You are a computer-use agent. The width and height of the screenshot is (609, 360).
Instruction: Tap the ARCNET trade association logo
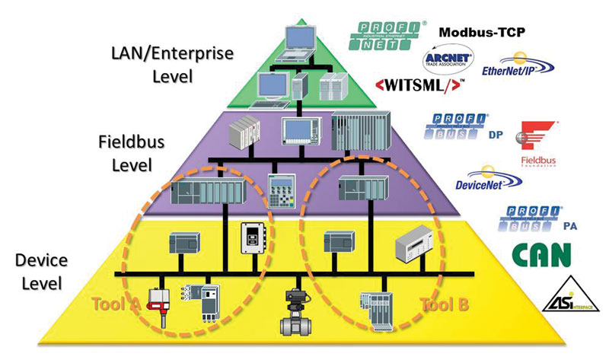click(x=448, y=58)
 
